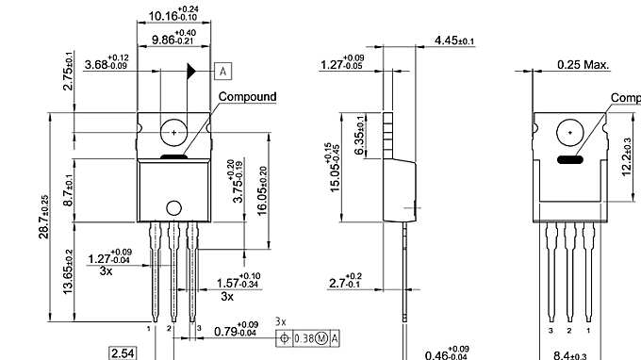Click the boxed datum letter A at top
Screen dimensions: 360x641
pos(223,71)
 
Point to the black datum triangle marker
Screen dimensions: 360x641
pos(192,71)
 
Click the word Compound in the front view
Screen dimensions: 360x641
pos(247,96)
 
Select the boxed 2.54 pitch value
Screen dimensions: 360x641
pos(123,353)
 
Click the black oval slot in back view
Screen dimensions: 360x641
pos(568,160)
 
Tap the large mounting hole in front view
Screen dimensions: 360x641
pos(173,134)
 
